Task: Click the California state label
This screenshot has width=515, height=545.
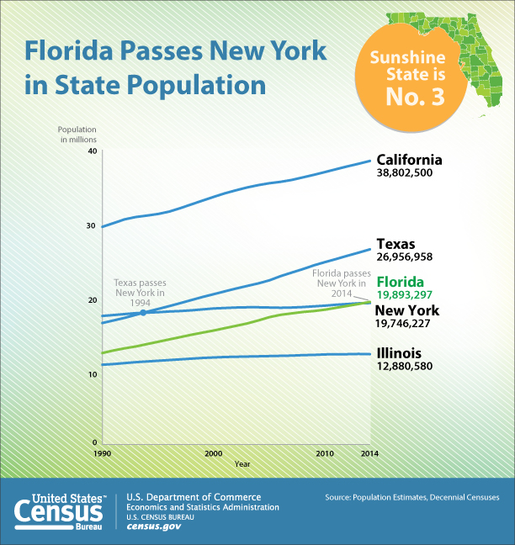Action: (x=409, y=160)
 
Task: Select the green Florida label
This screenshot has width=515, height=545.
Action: (x=400, y=282)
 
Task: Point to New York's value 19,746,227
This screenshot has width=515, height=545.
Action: (x=410, y=323)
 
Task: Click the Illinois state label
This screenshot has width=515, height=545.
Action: (x=399, y=352)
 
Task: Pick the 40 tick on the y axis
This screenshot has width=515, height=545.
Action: (x=93, y=151)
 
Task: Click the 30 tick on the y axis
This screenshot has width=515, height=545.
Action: (x=93, y=225)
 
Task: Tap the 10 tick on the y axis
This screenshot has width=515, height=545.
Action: (x=93, y=374)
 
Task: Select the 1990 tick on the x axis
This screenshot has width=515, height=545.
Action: (x=103, y=453)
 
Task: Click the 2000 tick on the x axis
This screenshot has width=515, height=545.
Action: (x=213, y=453)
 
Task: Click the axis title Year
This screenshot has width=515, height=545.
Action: (x=242, y=464)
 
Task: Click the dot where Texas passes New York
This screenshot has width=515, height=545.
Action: (x=143, y=313)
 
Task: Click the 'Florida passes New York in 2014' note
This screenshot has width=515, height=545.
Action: (x=341, y=283)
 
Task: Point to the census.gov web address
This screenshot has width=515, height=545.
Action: (x=150, y=526)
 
